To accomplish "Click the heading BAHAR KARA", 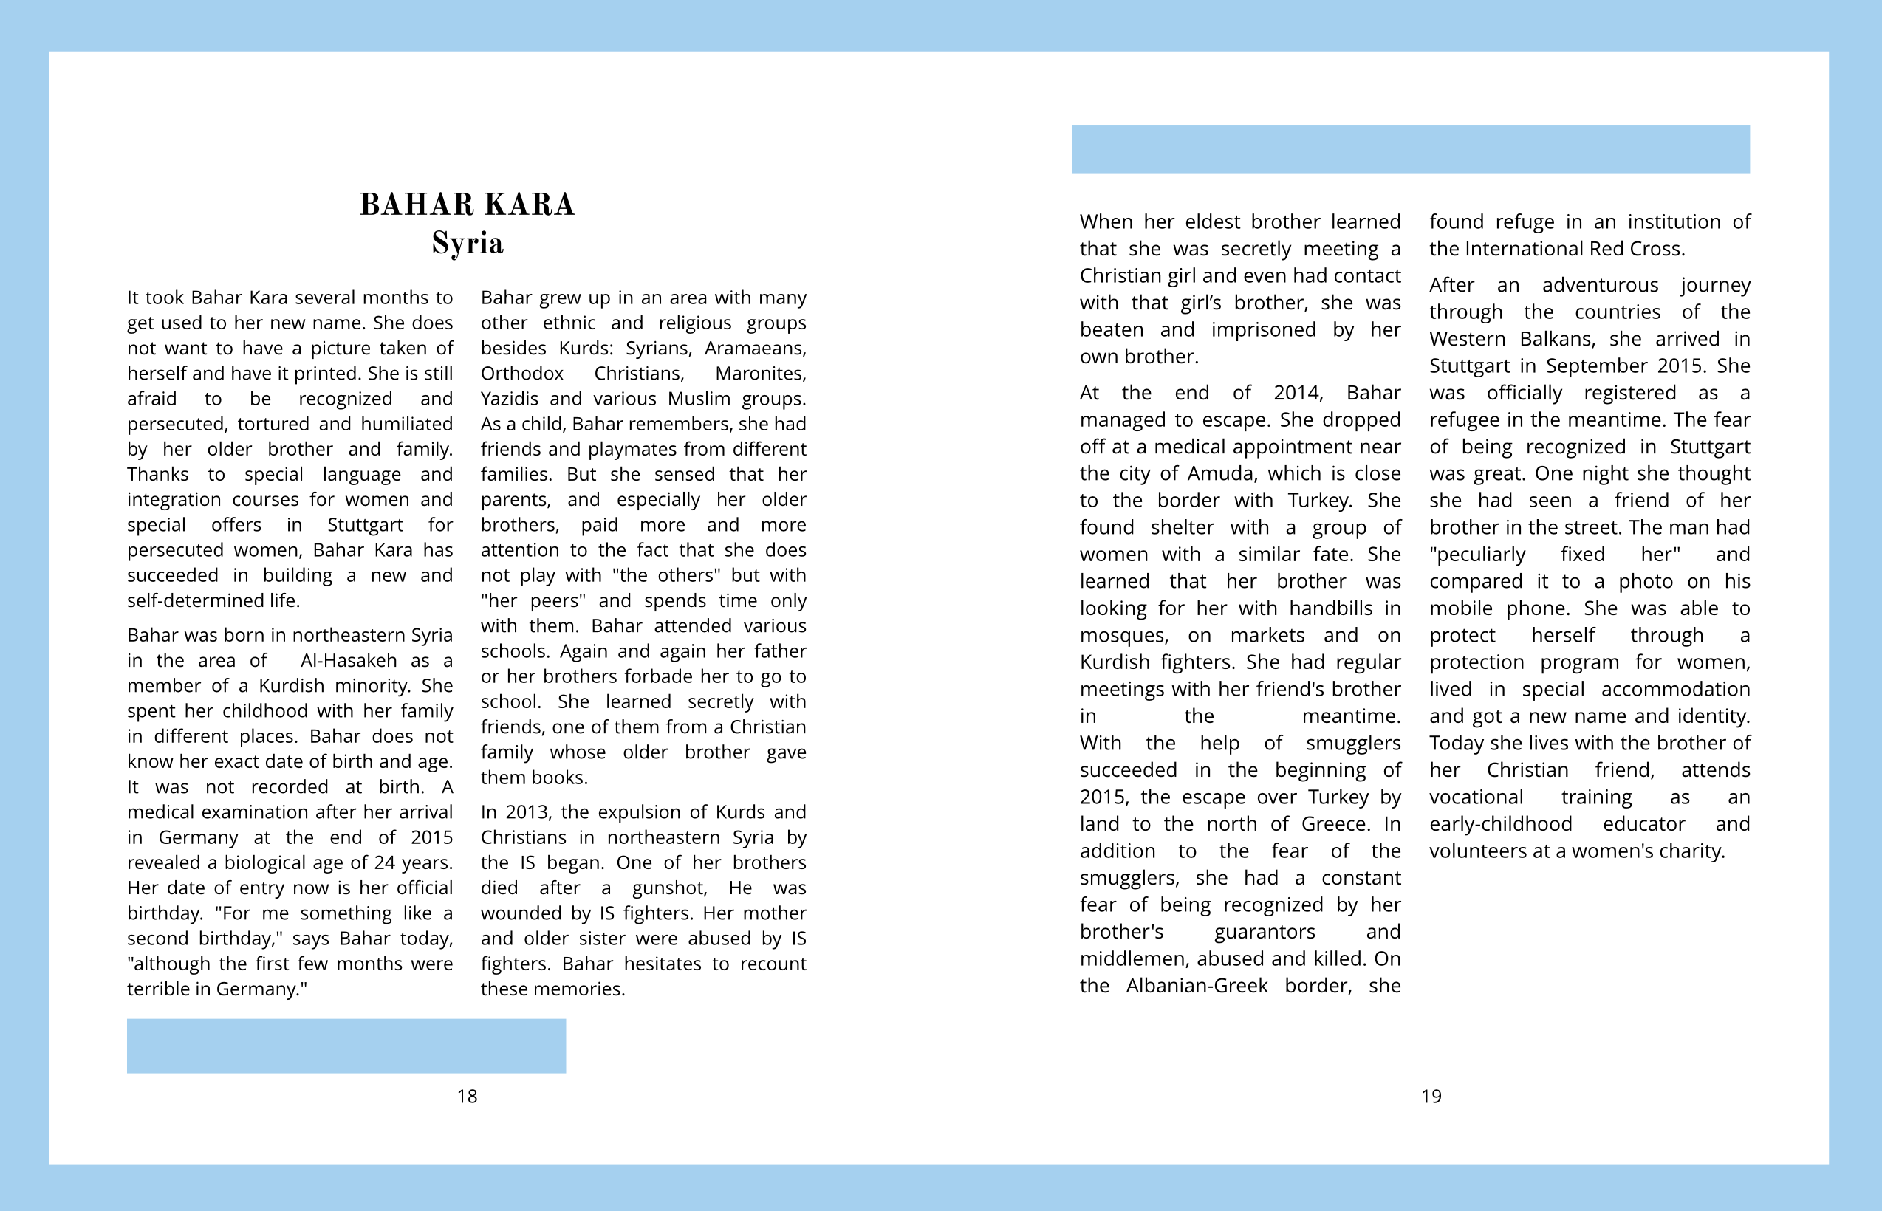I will [x=467, y=205].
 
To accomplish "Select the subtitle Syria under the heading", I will [x=467, y=243].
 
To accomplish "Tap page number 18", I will [x=467, y=1097].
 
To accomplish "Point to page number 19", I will [x=1431, y=1097].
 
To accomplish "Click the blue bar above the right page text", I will [x=1410, y=148].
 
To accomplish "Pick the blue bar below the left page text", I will [x=346, y=1046].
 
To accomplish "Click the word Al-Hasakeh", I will [x=349, y=661].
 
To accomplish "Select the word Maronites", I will [x=760, y=374].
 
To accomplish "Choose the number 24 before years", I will [x=384, y=862].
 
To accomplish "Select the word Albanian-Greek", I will [x=1197, y=986].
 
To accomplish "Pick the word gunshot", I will [x=668, y=888].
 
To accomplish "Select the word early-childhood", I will [x=1501, y=824].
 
